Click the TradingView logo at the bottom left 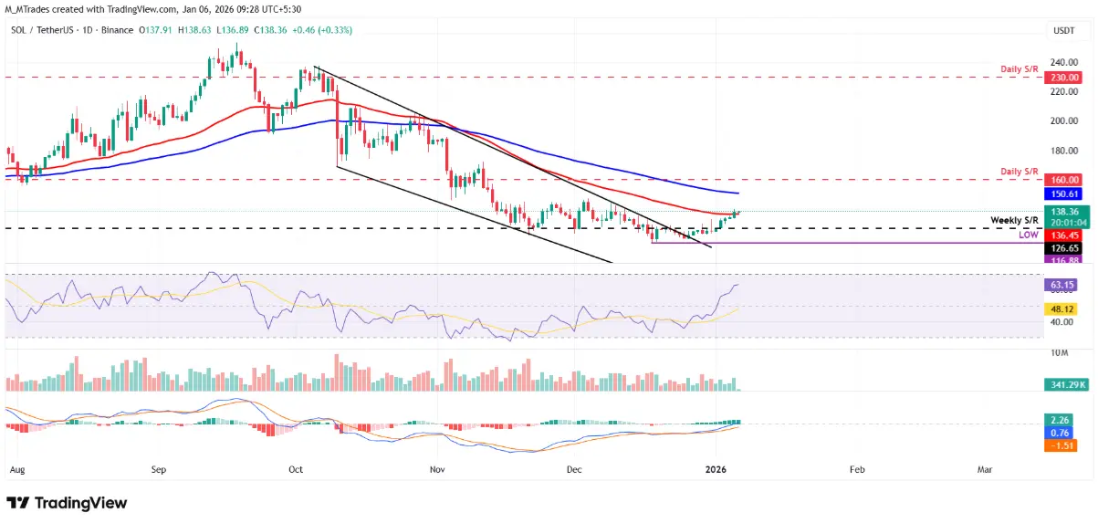(67, 503)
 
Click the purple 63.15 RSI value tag (1062, 285)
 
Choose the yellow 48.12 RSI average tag (1062, 309)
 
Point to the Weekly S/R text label (1015, 222)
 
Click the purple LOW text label (1028, 235)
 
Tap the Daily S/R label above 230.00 (1019, 69)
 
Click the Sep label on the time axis (159, 469)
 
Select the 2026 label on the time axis (717, 469)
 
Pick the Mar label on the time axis (985, 469)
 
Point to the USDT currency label (1063, 30)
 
